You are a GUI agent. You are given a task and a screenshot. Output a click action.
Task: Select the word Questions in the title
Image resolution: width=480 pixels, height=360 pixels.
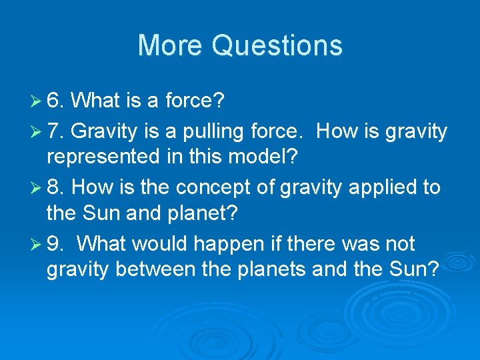[x=277, y=45]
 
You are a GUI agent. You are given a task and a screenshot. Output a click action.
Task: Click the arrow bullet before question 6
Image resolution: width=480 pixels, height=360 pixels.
[x=37, y=102]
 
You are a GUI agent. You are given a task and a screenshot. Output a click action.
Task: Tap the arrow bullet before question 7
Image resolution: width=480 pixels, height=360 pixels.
[x=37, y=132]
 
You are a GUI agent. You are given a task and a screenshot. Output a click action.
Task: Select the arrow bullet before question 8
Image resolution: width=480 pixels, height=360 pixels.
[x=37, y=188]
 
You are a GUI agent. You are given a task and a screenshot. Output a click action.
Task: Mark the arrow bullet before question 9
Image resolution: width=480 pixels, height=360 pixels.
[x=37, y=245]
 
